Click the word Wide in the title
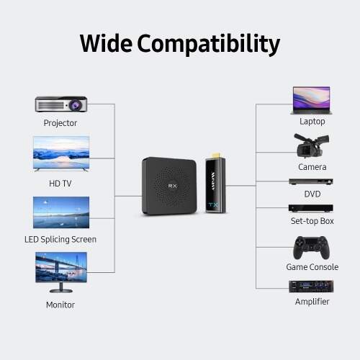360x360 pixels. click(x=106, y=43)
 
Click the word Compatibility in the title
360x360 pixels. click(x=209, y=45)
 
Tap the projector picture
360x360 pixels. click(x=61, y=104)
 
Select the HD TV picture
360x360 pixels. click(x=61, y=153)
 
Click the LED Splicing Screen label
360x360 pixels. click(x=60, y=239)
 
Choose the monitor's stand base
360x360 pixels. click(x=61, y=291)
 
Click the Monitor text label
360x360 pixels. click(x=60, y=305)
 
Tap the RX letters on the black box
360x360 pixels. click(x=172, y=186)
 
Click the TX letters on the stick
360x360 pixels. click(x=213, y=205)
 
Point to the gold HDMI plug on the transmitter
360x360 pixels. click(x=214, y=156)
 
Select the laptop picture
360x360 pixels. click(x=312, y=100)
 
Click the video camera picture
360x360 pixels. click(x=311, y=145)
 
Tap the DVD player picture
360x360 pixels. click(x=311, y=181)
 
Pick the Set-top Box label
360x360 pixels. click(x=312, y=221)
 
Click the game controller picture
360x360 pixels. click(x=311, y=248)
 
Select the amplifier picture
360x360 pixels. click(x=311, y=287)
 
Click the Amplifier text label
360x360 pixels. click(x=312, y=302)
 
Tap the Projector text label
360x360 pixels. click(x=60, y=123)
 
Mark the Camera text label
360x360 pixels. click(x=312, y=167)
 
